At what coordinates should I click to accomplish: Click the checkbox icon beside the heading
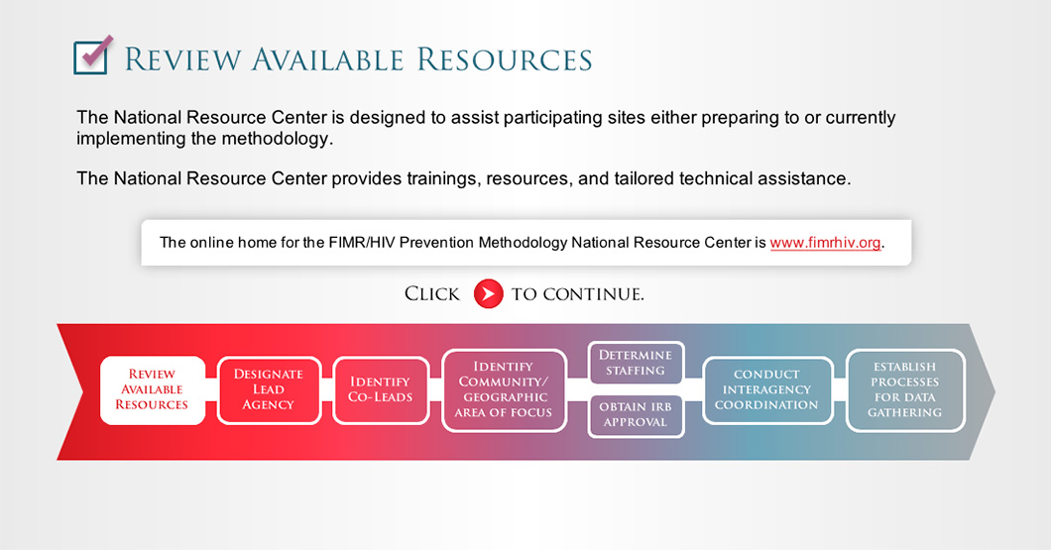click(x=92, y=55)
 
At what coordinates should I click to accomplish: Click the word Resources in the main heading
click(x=505, y=59)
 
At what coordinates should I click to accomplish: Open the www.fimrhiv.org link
click(x=825, y=243)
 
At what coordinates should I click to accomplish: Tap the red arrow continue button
click(x=488, y=293)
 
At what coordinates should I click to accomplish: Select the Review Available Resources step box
click(x=152, y=389)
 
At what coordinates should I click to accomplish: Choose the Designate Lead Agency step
click(x=269, y=389)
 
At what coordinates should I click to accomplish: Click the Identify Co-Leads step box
click(x=380, y=389)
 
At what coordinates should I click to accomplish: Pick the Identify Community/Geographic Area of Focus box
click(x=504, y=389)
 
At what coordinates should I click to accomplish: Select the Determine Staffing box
click(x=636, y=363)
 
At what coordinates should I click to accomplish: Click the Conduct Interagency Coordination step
click(x=767, y=389)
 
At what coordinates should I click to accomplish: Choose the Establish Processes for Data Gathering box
click(x=905, y=389)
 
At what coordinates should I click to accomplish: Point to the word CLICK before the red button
click(x=431, y=294)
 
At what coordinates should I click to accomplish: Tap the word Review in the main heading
click(x=182, y=59)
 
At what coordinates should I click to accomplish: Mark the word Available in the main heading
click(x=328, y=59)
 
